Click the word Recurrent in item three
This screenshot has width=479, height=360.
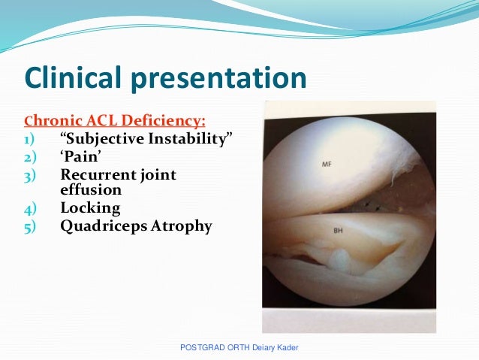pos(97,174)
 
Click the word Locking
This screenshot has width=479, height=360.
pos(90,207)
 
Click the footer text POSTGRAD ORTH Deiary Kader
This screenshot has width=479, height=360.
pos(245,347)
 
